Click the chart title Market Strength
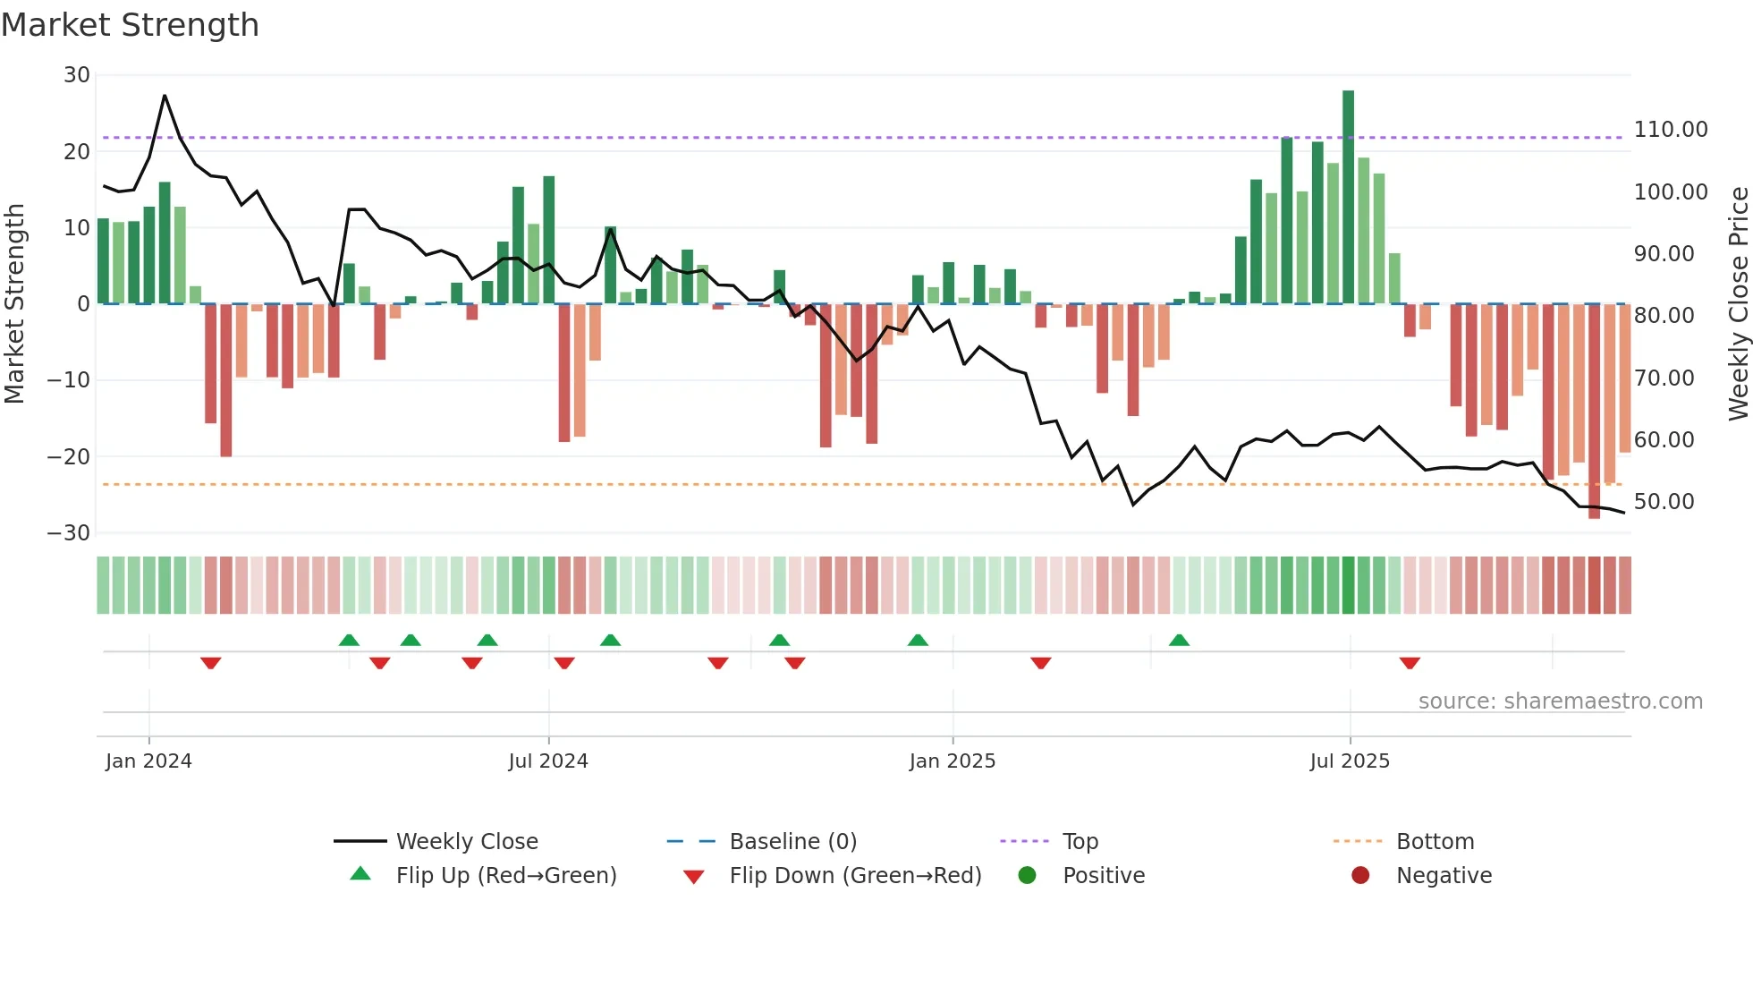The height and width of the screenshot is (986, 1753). point(130,25)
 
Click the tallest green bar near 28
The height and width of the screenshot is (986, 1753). point(1348,197)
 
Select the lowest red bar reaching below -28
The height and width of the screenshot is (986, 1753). point(1594,412)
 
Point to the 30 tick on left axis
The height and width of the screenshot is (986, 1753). point(77,75)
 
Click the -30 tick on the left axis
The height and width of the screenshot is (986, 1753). point(69,533)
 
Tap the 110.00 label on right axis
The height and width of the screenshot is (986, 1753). point(1670,130)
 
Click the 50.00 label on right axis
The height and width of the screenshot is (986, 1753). point(1664,502)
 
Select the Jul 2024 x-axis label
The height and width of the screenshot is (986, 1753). point(548,761)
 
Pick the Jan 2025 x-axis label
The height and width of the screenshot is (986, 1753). point(952,761)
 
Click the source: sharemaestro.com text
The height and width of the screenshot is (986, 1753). point(1560,701)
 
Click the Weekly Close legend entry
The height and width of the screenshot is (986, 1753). point(467,842)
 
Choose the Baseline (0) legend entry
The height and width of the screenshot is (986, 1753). point(792,842)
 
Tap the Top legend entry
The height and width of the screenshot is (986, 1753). point(1080,842)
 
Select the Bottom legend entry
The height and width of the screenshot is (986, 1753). point(1435,842)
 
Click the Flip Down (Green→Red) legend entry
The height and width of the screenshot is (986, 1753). point(854,876)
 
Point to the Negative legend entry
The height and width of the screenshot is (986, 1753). point(1444,876)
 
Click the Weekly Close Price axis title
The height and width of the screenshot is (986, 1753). point(1738,304)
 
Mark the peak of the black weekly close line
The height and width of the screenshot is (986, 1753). point(165,96)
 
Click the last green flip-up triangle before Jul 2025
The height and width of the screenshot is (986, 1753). point(1179,640)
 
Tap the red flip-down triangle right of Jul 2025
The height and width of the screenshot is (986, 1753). point(1410,663)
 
